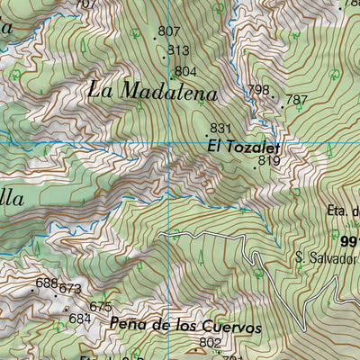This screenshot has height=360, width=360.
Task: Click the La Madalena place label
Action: click(x=153, y=92)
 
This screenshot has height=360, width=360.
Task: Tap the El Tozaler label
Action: click(x=244, y=145)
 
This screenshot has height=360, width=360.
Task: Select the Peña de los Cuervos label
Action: click(x=185, y=327)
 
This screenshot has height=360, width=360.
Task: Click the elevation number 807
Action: click(x=168, y=31)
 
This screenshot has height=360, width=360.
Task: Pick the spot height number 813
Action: click(x=178, y=50)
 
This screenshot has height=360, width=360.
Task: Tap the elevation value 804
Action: click(x=185, y=71)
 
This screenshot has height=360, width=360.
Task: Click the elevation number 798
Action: click(x=258, y=89)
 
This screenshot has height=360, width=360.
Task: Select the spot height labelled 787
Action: click(x=296, y=100)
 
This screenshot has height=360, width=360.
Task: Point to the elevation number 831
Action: click(x=221, y=128)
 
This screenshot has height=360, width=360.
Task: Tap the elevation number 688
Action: click(x=46, y=283)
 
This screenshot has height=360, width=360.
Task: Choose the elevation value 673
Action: click(x=70, y=289)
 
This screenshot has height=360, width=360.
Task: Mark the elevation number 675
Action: click(x=100, y=307)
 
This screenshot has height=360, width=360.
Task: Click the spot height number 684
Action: click(x=80, y=319)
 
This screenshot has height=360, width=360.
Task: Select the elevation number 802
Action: click(x=210, y=342)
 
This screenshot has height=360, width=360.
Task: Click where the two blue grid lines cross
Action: click(x=168, y=144)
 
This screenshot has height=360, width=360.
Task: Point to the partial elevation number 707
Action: click(x=85, y=4)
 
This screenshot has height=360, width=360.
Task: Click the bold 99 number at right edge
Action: click(x=350, y=239)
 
